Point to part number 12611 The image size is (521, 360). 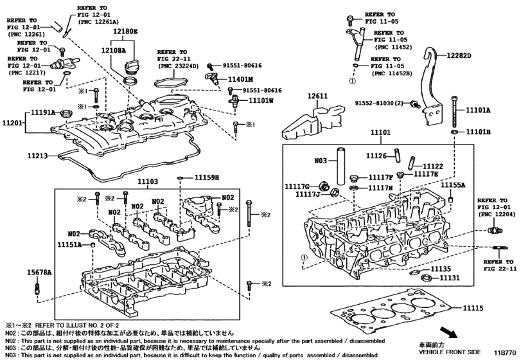click(x=317, y=96)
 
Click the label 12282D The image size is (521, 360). click(x=458, y=56)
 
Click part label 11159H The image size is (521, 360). click(x=207, y=176)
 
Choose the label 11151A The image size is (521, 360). click(x=69, y=245)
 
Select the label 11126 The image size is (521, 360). click(x=376, y=156)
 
